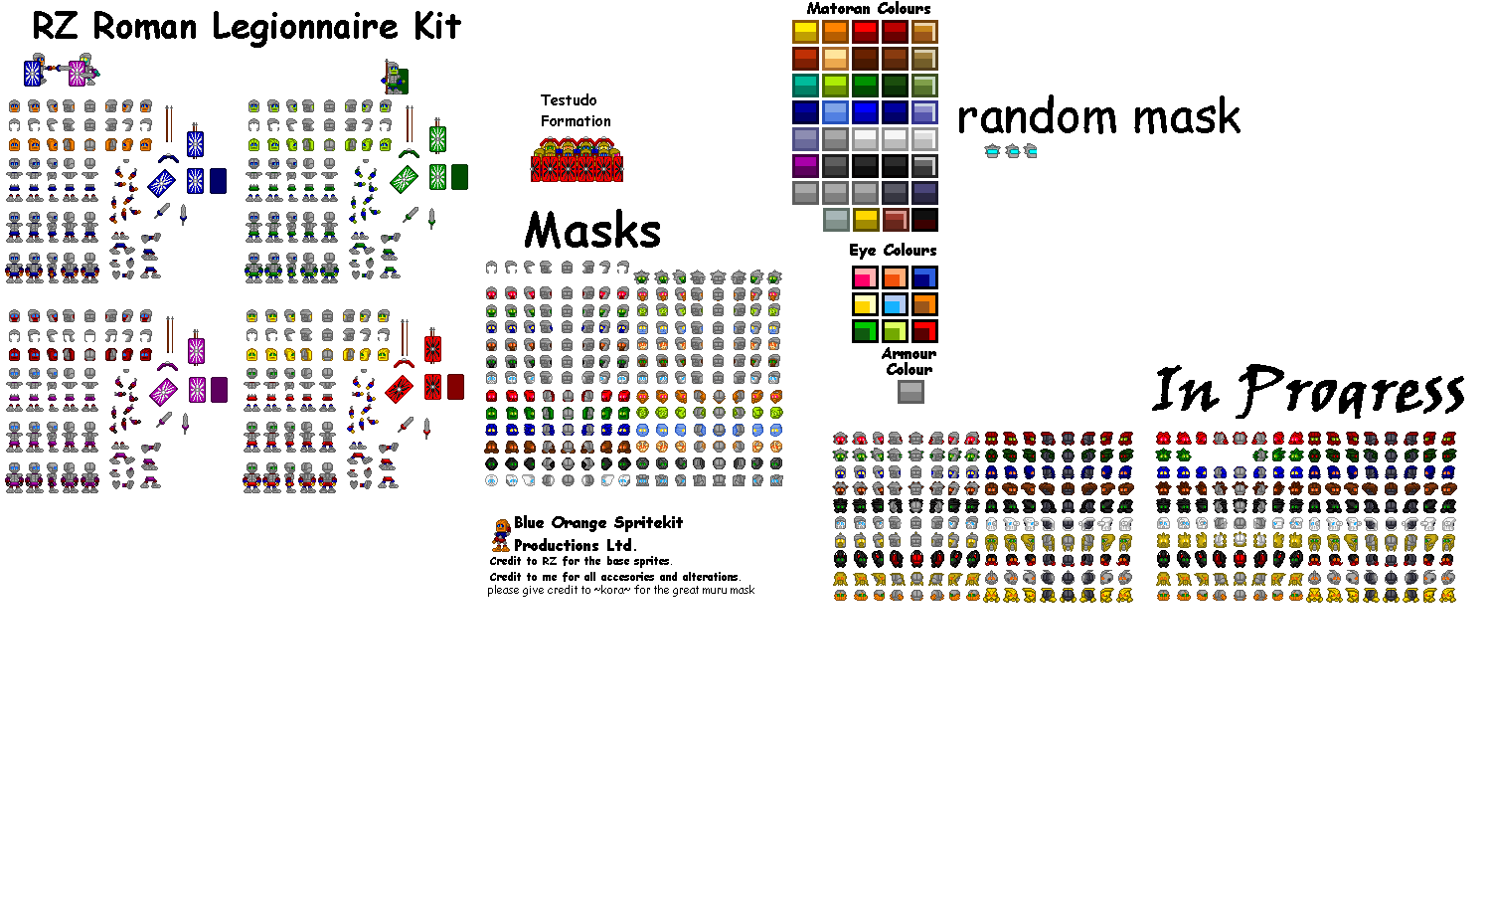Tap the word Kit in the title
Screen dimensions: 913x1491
437,27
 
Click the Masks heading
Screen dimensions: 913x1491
592,231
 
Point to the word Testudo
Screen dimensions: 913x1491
569,100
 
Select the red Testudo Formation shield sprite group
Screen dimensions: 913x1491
577,162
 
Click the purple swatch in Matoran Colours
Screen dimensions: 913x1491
805,166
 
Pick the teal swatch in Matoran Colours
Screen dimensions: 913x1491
805,86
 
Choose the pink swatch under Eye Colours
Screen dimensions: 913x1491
865,277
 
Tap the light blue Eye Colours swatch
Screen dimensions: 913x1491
895,304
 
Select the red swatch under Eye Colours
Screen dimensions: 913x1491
924,331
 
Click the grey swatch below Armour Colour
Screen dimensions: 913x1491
911,392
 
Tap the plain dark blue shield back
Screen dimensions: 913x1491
219,181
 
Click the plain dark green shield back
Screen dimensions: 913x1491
459,177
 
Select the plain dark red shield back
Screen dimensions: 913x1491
455,387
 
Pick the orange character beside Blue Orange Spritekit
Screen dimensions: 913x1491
501,534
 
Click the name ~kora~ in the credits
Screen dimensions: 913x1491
611,590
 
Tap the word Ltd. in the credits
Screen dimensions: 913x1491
619,545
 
